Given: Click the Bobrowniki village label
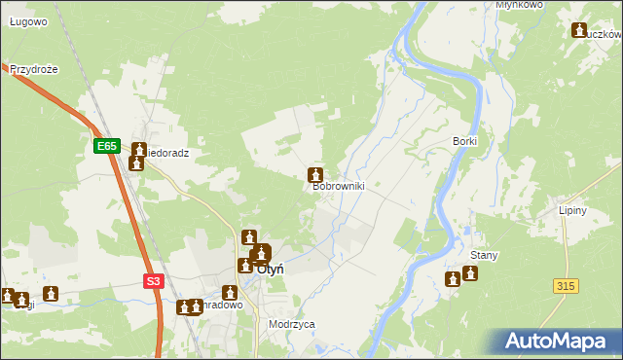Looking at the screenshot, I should pyautogui.click(x=338, y=187).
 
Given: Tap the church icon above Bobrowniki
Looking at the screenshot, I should pyautogui.click(x=315, y=175).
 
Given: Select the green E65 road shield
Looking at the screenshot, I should pyautogui.click(x=107, y=146).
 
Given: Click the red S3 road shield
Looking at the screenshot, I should pyautogui.click(x=153, y=281).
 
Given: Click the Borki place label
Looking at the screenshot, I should pyautogui.click(x=464, y=141).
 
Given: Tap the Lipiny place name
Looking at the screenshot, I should pyautogui.click(x=599, y=210).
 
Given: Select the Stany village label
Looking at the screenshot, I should pyautogui.click(x=484, y=256).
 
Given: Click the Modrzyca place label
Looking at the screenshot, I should pyautogui.click(x=292, y=324).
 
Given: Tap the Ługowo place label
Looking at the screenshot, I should pyautogui.click(x=28, y=21).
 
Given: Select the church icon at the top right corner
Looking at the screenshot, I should pyautogui.click(x=581, y=30).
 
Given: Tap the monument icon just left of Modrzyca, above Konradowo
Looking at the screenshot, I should pyautogui.click(x=230, y=291).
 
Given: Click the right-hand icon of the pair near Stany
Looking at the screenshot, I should pyautogui.click(x=470, y=273).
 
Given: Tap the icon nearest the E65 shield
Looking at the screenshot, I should pyautogui.click(x=139, y=151).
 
